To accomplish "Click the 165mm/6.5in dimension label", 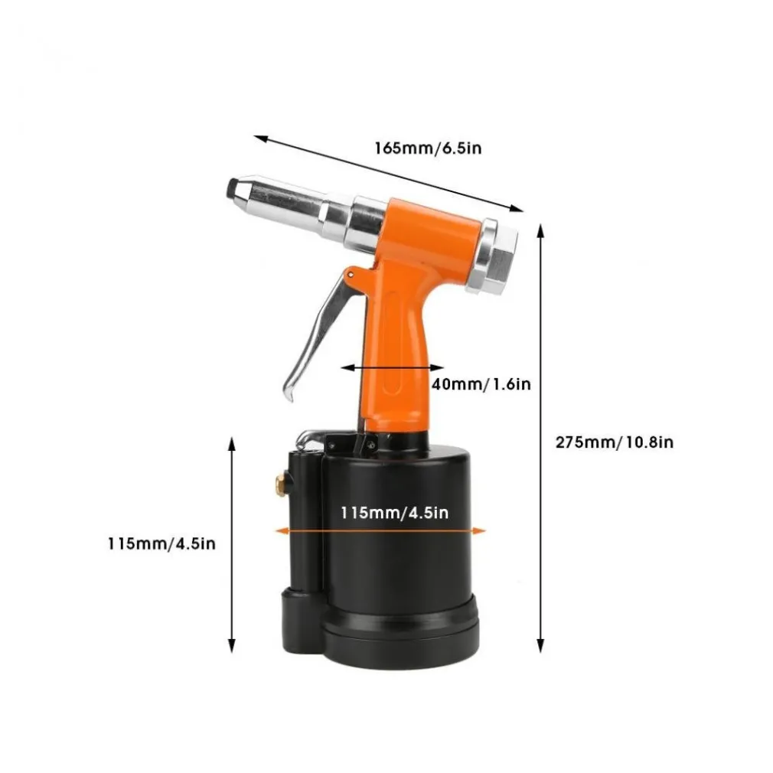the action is (x=428, y=148).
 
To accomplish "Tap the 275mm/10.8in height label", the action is (x=615, y=442).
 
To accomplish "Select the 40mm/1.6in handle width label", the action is (x=481, y=384).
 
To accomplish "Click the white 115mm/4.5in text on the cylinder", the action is (x=394, y=513).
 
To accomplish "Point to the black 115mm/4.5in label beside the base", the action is (x=161, y=543).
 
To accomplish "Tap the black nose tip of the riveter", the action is (x=232, y=190).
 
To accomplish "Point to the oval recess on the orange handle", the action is (x=393, y=343).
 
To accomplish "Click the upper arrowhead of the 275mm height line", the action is (x=541, y=231).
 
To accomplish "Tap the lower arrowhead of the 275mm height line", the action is (x=541, y=645).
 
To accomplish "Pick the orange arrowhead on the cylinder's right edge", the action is (x=479, y=531).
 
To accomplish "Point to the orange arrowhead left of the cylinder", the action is (x=282, y=531).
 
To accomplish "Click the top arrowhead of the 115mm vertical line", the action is (x=231, y=444).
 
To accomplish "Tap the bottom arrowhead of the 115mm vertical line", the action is (x=231, y=645).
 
